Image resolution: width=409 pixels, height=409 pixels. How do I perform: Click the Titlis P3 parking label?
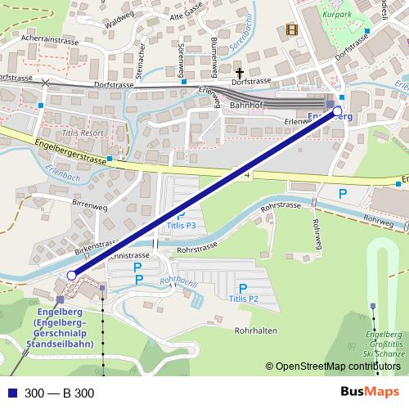coord(181,224)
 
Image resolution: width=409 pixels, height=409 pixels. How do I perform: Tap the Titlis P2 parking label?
coord(243,299)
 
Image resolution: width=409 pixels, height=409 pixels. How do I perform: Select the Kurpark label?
coord(338,16)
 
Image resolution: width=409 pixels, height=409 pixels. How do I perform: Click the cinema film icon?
coord(292,30)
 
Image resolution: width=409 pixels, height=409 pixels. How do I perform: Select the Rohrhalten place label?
coord(255,330)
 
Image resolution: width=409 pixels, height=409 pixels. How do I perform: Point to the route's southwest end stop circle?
coord(72,276)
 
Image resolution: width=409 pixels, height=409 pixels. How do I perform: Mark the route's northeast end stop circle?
coord(338,111)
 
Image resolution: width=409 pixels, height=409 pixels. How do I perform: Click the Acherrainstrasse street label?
coord(49,39)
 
